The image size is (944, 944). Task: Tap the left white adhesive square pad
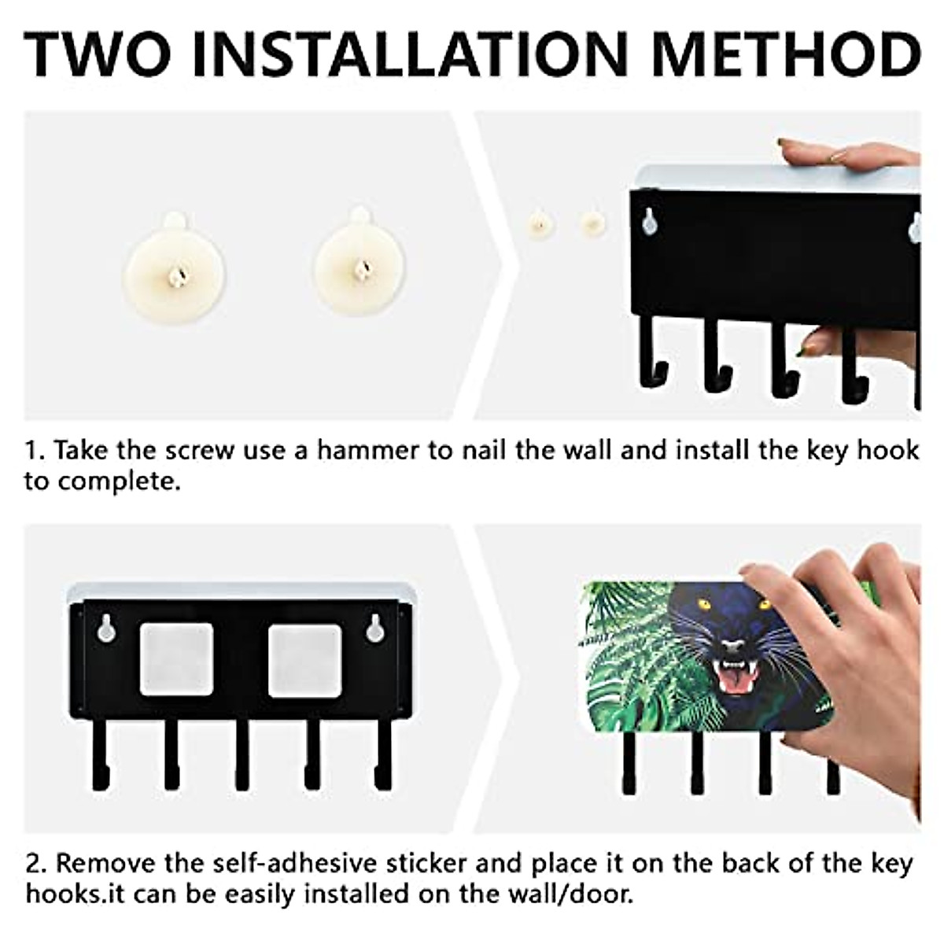[x=176, y=659]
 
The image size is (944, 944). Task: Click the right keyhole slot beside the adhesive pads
[x=375, y=628]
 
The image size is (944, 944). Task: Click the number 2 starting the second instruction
[x=33, y=864]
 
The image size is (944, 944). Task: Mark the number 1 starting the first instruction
[x=31, y=451]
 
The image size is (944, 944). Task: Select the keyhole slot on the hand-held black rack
[x=650, y=221]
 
